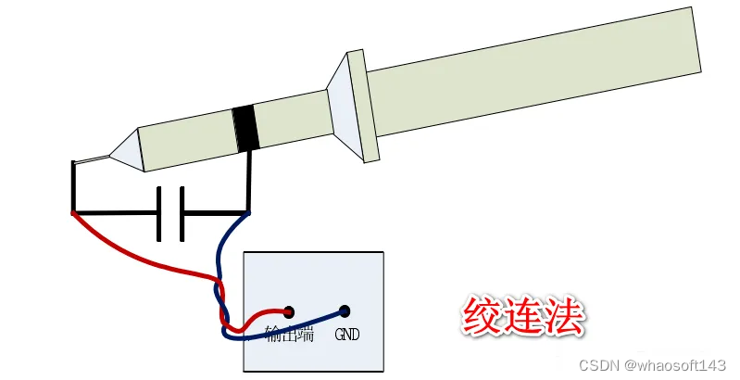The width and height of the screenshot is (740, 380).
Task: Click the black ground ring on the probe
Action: (245, 129)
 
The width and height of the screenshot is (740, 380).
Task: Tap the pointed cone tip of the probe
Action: (129, 151)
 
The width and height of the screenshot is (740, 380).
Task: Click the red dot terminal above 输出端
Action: (288, 312)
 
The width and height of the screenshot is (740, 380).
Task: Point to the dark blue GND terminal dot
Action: (345, 311)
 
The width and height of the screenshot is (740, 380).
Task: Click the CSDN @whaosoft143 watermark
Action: (652, 365)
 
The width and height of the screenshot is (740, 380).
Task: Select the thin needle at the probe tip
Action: (93, 161)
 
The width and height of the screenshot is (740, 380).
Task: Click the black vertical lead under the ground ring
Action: (249, 181)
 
